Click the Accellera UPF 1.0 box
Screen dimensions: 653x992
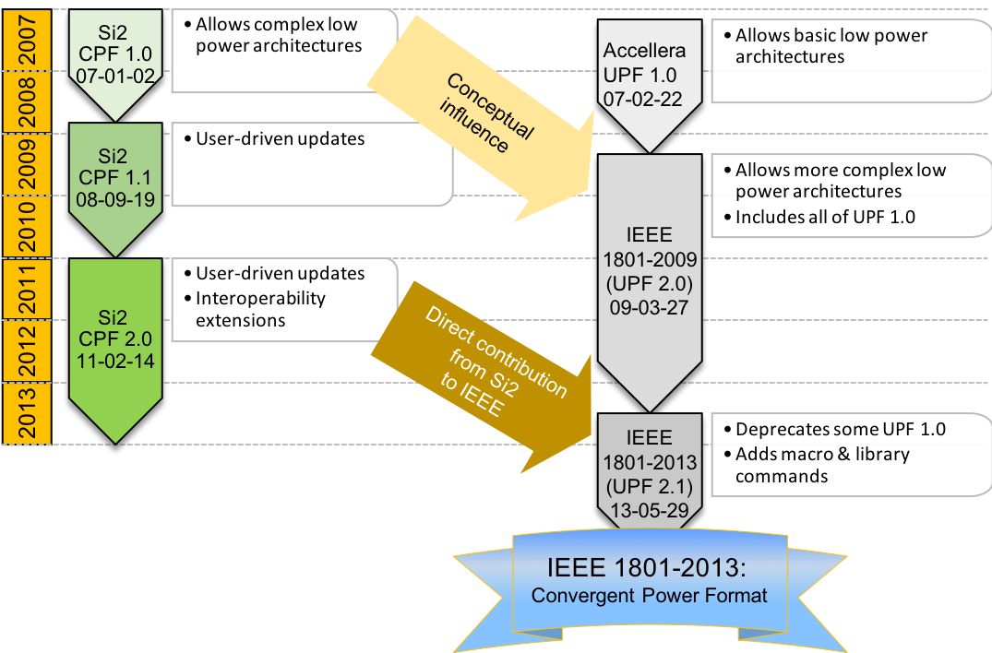tap(644, 73)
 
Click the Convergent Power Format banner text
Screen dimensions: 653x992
tap(649, 595)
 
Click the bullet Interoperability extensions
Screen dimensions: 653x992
tap(259, 309)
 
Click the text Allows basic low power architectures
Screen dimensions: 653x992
tap(831, 46)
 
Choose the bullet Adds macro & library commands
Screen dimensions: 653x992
tap(821, 465)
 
